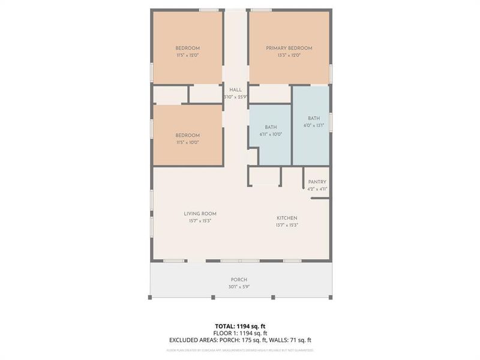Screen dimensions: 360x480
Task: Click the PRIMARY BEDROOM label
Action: tap(289, 48)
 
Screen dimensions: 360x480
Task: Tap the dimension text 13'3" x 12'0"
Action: tap(289, 55)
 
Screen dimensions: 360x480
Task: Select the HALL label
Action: tap(235, 89)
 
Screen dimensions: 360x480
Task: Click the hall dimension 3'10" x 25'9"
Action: tap(235, 97)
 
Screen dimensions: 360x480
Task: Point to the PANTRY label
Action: tap(317, 182)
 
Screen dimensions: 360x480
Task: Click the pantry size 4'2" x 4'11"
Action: tap(317, 189)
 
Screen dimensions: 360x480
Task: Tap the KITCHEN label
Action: tap(287, 218)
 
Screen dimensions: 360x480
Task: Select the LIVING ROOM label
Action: tap(200, 214)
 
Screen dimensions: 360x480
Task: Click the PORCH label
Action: tap(239, 280)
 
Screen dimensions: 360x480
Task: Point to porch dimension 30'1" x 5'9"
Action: tap(239, 287)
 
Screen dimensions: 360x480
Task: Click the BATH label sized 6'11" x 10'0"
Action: tap(271, 127)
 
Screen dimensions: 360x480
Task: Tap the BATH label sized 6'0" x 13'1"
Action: tap(314, 118)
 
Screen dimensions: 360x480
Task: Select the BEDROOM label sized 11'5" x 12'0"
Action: tap(187, 48)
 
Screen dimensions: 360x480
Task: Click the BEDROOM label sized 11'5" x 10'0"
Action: tap(187, 136)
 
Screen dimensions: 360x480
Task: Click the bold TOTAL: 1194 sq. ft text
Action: tap(240, 326)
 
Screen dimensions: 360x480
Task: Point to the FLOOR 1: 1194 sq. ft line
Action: tap(240, 333)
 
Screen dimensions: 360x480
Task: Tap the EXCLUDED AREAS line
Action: tap(240, 340)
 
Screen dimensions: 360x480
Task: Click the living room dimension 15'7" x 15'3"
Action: tap(200, 221)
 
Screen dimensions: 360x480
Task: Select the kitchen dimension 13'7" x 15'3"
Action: tap(287, 225)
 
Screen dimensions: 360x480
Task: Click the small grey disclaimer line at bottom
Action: tap(240, 350)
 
